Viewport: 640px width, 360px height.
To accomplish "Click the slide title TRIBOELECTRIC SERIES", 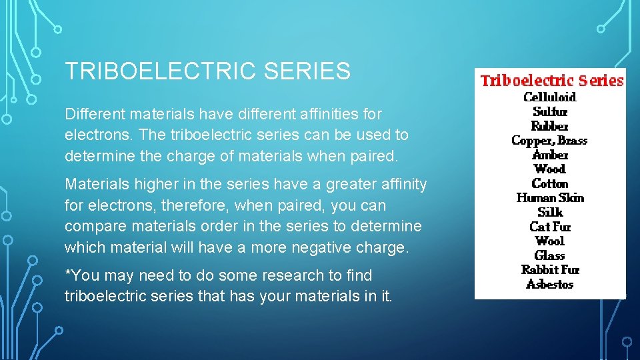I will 207,71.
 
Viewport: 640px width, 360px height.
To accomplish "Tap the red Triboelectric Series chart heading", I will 552,81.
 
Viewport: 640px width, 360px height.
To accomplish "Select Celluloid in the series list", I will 550,97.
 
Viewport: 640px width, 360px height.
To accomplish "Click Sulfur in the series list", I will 550,111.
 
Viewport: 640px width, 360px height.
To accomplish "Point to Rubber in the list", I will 550,126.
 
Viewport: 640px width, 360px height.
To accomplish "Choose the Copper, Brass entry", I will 550,140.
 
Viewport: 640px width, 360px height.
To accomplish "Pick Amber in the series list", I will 550,155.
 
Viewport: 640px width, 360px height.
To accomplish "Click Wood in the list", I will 550,169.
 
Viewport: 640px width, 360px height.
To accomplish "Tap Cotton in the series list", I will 550,183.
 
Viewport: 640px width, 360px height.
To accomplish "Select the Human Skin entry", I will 550,198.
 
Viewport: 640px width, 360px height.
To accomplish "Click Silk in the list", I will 550,212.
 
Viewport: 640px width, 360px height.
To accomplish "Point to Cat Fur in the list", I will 550,227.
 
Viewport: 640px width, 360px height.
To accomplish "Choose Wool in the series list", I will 550,241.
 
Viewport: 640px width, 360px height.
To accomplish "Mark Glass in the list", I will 550,255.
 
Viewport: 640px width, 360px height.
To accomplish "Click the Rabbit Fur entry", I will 550,269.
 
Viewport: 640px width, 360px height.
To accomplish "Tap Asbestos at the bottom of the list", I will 550,284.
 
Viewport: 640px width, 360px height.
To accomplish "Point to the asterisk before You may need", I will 67,273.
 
